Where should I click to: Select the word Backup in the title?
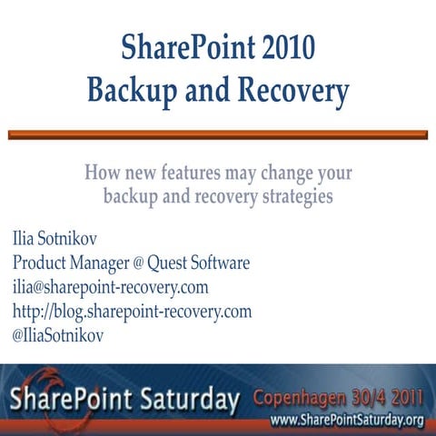coord(134,91)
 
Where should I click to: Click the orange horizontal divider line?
coord(218,134)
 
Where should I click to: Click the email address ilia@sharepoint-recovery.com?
coord(110,287)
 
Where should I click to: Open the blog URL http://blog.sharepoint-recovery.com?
coord(132,312)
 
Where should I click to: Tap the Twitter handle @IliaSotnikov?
coord(57,335)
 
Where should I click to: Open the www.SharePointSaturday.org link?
coord(348,420)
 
